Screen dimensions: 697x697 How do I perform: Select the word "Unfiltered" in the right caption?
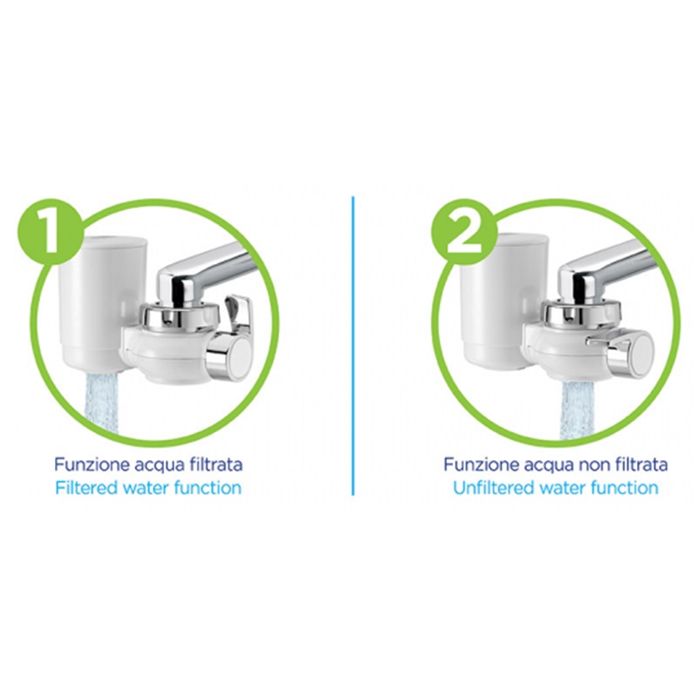point(493,488)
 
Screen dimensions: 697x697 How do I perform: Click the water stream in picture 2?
point(577,409)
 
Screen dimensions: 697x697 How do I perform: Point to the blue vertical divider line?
point(353,345)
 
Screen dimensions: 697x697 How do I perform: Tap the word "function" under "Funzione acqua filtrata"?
point(208,488)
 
